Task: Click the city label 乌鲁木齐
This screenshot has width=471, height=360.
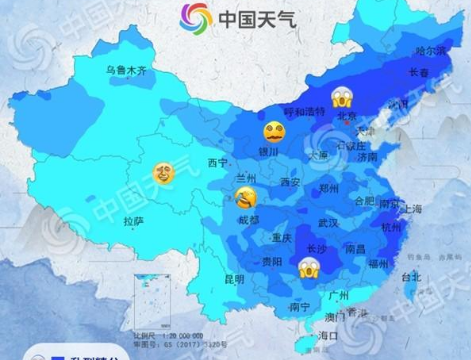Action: (126, 70)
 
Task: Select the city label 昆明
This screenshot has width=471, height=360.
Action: (234, 278)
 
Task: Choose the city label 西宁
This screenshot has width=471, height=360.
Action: (217, 163)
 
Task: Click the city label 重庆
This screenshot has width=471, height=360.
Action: (282, 238)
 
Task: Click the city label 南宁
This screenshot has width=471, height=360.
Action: (298, 307)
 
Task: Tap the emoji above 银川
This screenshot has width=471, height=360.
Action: (272, 132)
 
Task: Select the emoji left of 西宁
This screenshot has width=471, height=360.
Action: (162, 173)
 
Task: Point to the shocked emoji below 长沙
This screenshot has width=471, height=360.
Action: (308, 266)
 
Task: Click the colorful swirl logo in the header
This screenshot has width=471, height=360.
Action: (196, 17)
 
